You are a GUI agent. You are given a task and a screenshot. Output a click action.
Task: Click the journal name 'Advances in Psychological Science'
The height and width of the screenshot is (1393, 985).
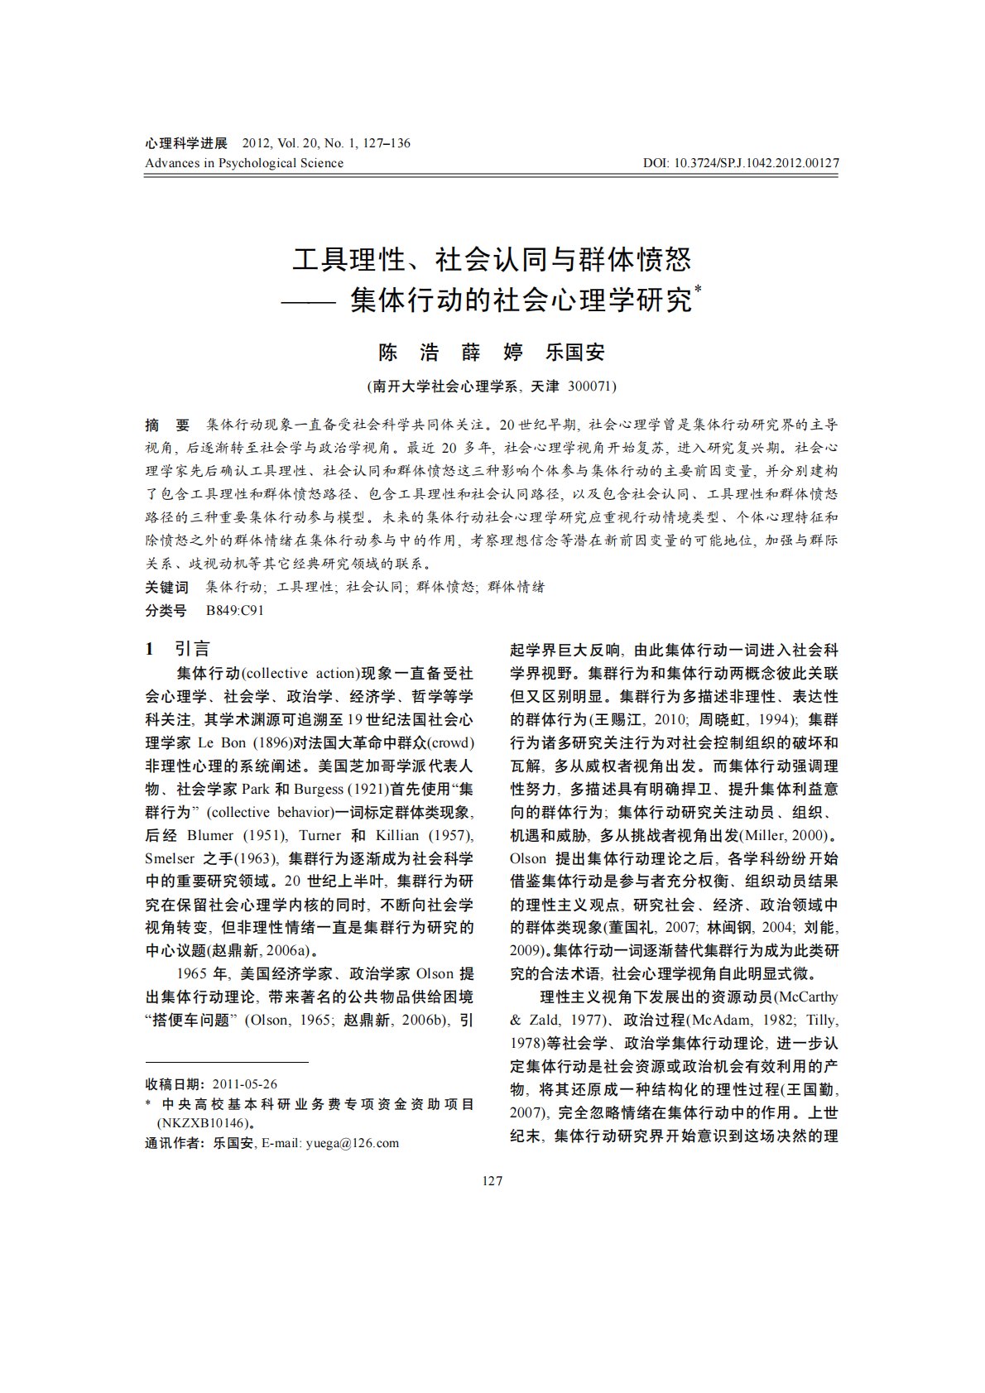click(x=244, y=163)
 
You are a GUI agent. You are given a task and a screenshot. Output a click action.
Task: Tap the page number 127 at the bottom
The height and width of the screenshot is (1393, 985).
click(x=492, y=1180)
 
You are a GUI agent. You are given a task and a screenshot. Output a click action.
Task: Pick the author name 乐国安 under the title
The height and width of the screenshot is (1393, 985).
click(x=574, y=353)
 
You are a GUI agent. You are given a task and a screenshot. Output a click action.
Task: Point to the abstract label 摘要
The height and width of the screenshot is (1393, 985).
click(x=167, y=425)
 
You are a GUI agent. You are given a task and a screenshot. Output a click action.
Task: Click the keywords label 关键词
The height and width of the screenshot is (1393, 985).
click(x=166, y=588)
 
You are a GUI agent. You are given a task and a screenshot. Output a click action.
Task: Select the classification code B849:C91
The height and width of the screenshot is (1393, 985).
click(x=235, y=611)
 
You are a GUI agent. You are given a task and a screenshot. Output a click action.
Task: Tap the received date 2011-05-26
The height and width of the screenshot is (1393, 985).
click(x=244, y=1083)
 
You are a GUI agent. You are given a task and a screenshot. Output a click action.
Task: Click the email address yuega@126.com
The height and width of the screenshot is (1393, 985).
click(x=352, y=1143)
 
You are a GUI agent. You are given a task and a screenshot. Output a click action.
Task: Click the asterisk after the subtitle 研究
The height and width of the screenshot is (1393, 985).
click(x=698, y=290)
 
